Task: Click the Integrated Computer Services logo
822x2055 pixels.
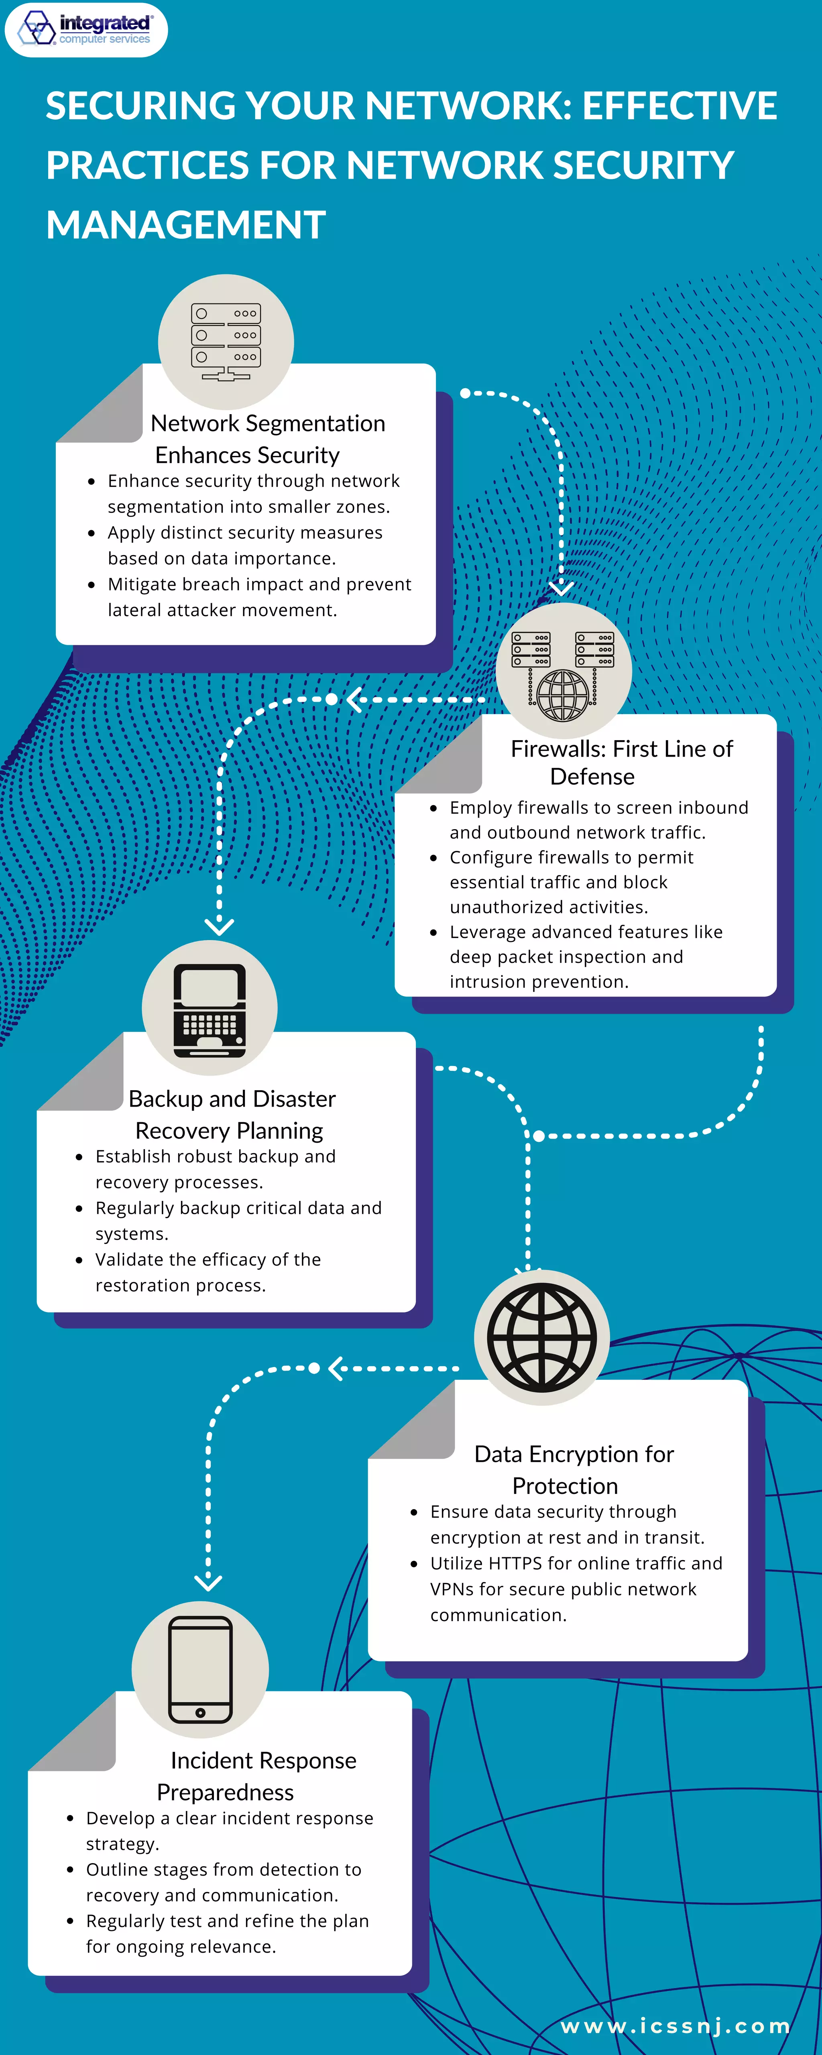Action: point(86,30)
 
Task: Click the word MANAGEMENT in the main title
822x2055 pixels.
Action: point(186,225)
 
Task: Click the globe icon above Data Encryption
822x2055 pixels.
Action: point(542,1338)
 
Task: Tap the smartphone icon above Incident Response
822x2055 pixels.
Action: point(200,1670)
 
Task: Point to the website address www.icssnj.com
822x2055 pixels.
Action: point(675,2026)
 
